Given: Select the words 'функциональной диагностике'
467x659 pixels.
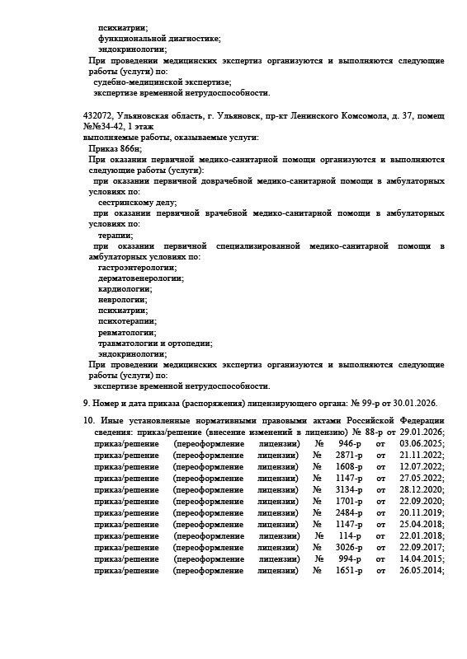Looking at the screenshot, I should [158, 39].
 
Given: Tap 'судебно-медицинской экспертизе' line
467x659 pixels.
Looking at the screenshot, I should [162, 82].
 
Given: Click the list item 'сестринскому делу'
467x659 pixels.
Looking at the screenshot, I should [137, 202].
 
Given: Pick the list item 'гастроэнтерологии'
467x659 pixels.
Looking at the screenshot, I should [137, 267].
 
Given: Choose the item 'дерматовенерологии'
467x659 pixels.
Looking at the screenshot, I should [141, 278].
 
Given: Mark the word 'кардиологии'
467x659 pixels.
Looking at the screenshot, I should [125, 288].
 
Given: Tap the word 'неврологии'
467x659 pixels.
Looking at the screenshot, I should [123, 299].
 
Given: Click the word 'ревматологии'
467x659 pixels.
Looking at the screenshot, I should [127, 332].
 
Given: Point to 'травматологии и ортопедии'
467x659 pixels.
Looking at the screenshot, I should [155, 343].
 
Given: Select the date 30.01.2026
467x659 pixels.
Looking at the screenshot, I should [415, 403].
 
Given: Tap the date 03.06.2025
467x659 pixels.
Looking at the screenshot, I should [422, 443].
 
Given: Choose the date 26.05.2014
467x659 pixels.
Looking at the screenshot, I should [422, 569].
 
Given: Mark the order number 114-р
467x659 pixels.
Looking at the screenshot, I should [351, 535].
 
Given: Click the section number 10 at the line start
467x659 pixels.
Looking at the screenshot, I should [88, 420].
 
